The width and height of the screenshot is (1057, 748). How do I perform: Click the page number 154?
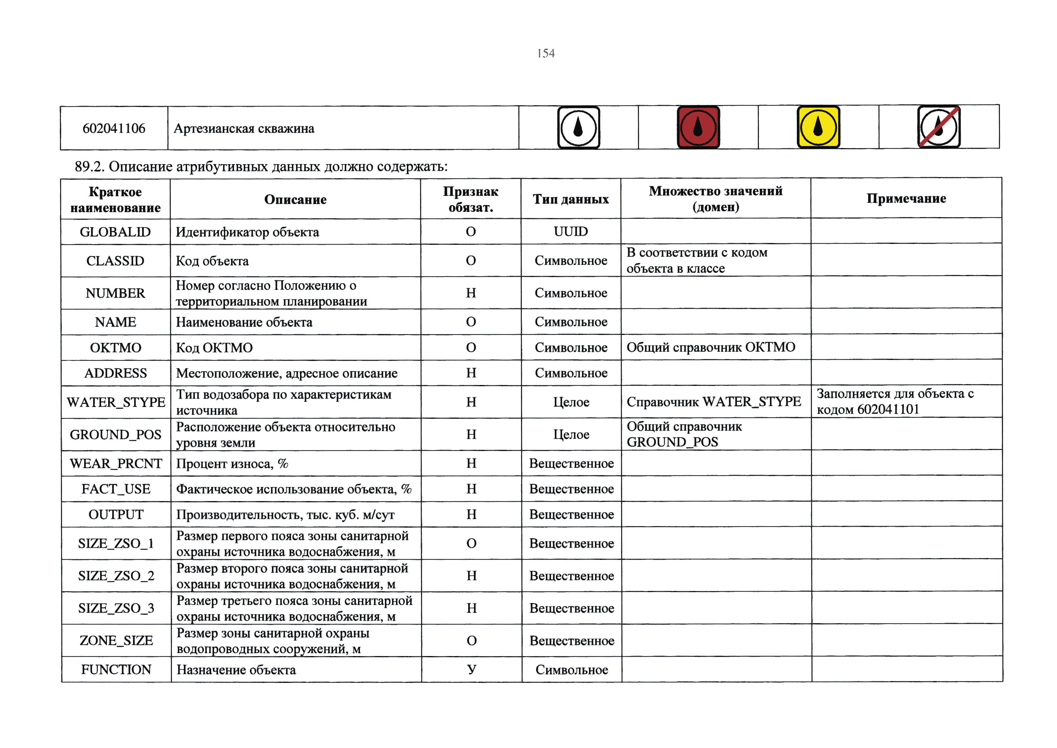546,53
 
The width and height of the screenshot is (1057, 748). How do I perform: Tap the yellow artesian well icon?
818,127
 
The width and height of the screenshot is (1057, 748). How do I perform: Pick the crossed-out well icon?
939,127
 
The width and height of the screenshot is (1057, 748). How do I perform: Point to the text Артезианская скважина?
244,128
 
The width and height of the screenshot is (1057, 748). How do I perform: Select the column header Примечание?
906,198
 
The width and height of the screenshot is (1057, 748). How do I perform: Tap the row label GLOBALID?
115,232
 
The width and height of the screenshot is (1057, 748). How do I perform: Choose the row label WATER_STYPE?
115,402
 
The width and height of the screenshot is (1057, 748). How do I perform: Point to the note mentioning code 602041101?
895,402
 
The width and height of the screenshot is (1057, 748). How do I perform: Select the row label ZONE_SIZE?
116,640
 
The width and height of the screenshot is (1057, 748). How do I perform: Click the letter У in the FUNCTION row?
472,669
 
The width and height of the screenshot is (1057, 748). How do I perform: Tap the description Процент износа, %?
232,463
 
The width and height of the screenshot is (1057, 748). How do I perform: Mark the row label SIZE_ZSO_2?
116,576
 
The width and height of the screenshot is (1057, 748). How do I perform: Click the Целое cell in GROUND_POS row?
571,434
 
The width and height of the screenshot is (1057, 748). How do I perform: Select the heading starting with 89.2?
261,166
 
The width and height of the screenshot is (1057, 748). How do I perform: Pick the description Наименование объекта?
244,322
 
